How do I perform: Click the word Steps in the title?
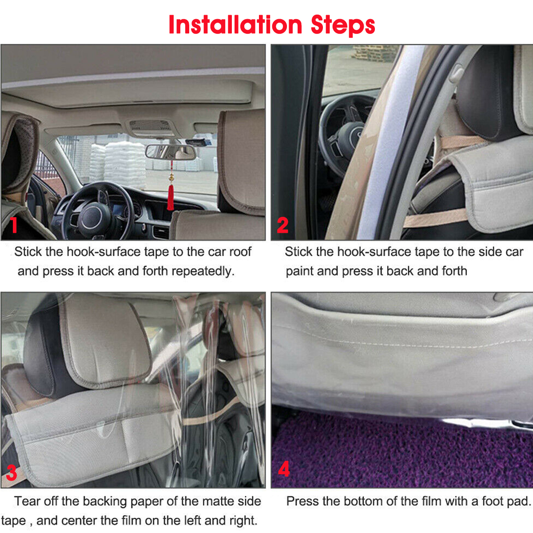(342, 26)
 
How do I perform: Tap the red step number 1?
(14, 225)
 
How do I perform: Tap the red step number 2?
(282, 225)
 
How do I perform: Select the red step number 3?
(12, 473)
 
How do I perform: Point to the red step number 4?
(283, 469)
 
